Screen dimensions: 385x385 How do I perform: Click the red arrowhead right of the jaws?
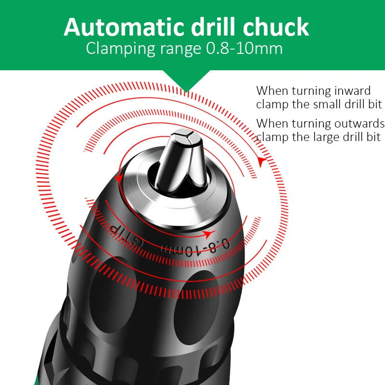coord(261,162)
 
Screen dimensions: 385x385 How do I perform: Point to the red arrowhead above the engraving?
coord(208,235)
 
